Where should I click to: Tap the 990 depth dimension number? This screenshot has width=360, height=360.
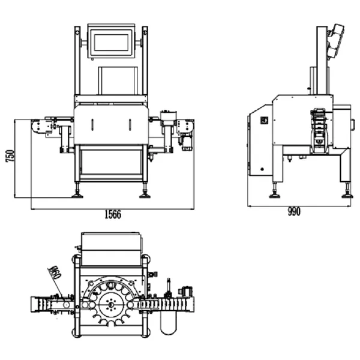tap(293, 211)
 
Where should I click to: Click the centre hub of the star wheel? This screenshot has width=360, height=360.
tap(110, 304)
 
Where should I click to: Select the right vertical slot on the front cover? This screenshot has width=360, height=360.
tap(130, 125)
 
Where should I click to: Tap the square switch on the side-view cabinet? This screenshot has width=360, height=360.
tap(262, 119)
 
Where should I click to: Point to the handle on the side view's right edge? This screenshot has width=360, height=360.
tap(352, 125)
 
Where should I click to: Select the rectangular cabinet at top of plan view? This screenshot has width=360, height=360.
tap(112, 249)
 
